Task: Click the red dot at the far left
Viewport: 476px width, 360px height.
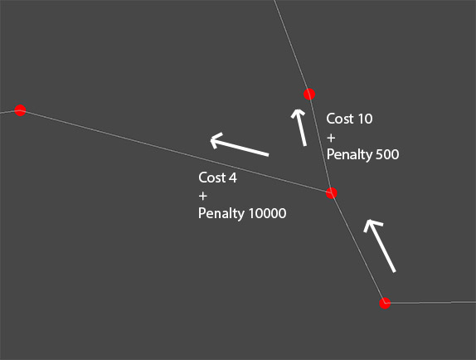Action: pos(20,110)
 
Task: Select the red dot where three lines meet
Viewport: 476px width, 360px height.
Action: pos(332,193)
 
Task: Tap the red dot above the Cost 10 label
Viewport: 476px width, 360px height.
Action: pos(309,94)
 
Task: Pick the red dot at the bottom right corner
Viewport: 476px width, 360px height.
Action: pos(385,303)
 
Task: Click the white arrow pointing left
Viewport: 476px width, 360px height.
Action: pos(240,145)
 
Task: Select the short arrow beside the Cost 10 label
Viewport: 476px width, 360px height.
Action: pos(299,128)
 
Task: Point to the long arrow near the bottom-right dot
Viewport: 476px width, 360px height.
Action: pos(380,246)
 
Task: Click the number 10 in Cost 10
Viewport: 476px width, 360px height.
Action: pos(365,119)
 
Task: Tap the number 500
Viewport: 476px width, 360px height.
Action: pos(387,154)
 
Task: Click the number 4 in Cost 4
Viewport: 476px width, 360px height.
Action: pos(233,178)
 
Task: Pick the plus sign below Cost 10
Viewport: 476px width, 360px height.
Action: pos(331,139)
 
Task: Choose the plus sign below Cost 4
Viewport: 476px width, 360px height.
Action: pos(203,196)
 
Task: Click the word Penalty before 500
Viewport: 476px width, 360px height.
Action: pos(349,154)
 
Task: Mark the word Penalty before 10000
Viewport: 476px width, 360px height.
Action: pos(221,213)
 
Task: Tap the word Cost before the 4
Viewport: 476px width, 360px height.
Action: pos(212,178)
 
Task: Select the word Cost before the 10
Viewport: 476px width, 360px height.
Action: pos(340,119)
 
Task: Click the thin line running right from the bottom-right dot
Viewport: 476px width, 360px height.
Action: pos(430,302)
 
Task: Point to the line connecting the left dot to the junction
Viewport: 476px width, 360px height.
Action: pos(176,152)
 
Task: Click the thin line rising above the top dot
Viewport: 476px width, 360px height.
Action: pos(292,47)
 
